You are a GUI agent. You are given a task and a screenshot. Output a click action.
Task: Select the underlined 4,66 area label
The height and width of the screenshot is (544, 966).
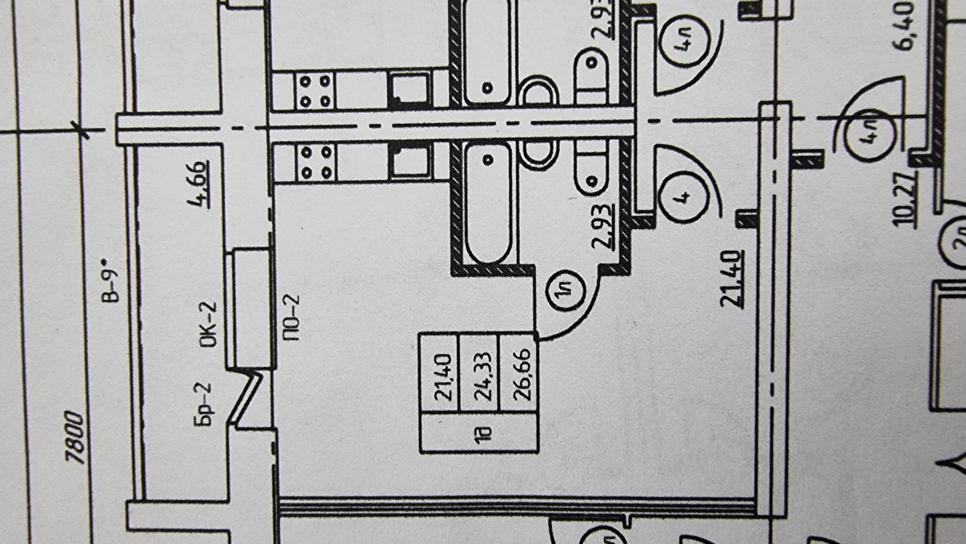coord(198,184)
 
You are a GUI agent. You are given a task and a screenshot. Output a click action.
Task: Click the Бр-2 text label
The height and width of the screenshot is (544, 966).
coord(204,404)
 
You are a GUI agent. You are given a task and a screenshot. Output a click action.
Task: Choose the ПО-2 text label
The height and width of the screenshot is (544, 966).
coord(291,318)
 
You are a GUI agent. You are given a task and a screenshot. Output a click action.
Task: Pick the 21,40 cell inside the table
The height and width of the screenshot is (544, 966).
coord(443,377)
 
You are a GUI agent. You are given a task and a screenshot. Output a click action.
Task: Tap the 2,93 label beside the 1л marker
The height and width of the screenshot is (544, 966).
coord(603,226)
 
